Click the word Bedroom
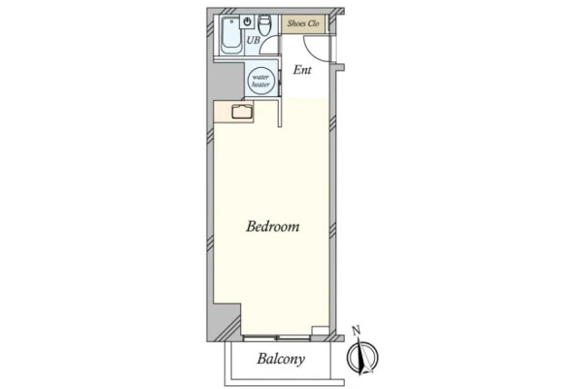click(x=272, y=227)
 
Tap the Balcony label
click(x=281, y=359)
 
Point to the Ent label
click(x=302, y=70)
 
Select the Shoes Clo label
click(x=303, y=23)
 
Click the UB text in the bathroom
click(x=254, y=40)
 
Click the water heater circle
click(x=260, y=81)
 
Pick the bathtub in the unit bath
click(x=231, y=36)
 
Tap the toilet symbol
click(x=264, y=24)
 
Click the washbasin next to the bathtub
click(x=247, y=21)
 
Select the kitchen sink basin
click(x=242, y=111)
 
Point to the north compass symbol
click(x=362, y=356)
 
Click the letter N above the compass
click(x=357, y=331)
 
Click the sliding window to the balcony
click(x=276, y=337)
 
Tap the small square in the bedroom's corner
click(x=320, y=331)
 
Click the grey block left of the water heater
click(x=228, y=81)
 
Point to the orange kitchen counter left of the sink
click(x=223, y=111)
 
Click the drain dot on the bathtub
click(x=231, y=21)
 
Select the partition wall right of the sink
click(x=280, y=112)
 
